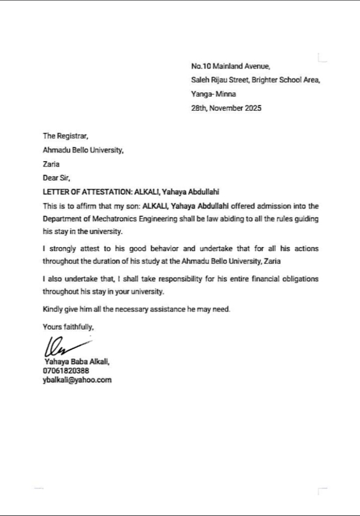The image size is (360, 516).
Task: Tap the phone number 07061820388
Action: click(x=66, y=371)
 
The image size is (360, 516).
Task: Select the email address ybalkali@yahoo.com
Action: click(x=77, y=380)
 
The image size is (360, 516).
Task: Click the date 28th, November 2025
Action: click(x=226, y=109)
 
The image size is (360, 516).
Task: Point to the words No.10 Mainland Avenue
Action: click(x=230, y=66)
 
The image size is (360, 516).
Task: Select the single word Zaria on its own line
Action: click(x=51, y=164)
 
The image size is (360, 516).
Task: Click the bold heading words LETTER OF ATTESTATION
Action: click(x=87, y=192)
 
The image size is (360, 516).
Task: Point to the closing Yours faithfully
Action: click(x=68, y=327)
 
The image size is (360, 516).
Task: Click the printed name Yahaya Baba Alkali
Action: click(x=77, y=362)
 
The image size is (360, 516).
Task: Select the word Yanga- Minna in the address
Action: click(x=213, y=94)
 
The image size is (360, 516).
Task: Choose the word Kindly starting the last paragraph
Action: click(x=53, y=309)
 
